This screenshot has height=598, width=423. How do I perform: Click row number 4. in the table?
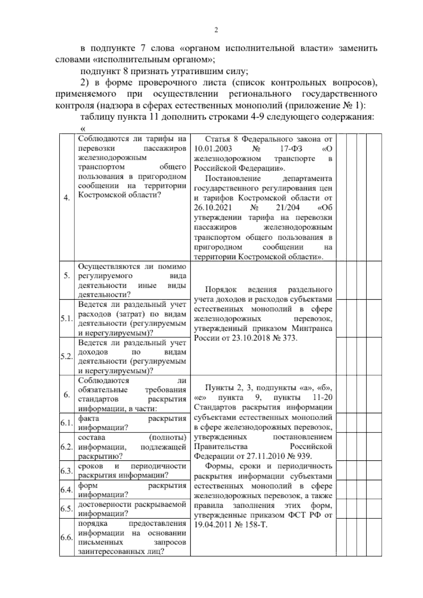click(x=66, y=198)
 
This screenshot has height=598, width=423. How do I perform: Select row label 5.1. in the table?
click(x=66, y=319)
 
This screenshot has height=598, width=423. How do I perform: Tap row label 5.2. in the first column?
click(x=66, y=356)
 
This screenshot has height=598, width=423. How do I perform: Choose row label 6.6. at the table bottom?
click(x=66, y=538)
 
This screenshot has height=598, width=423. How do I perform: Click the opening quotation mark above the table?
click(x=78, y=129)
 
